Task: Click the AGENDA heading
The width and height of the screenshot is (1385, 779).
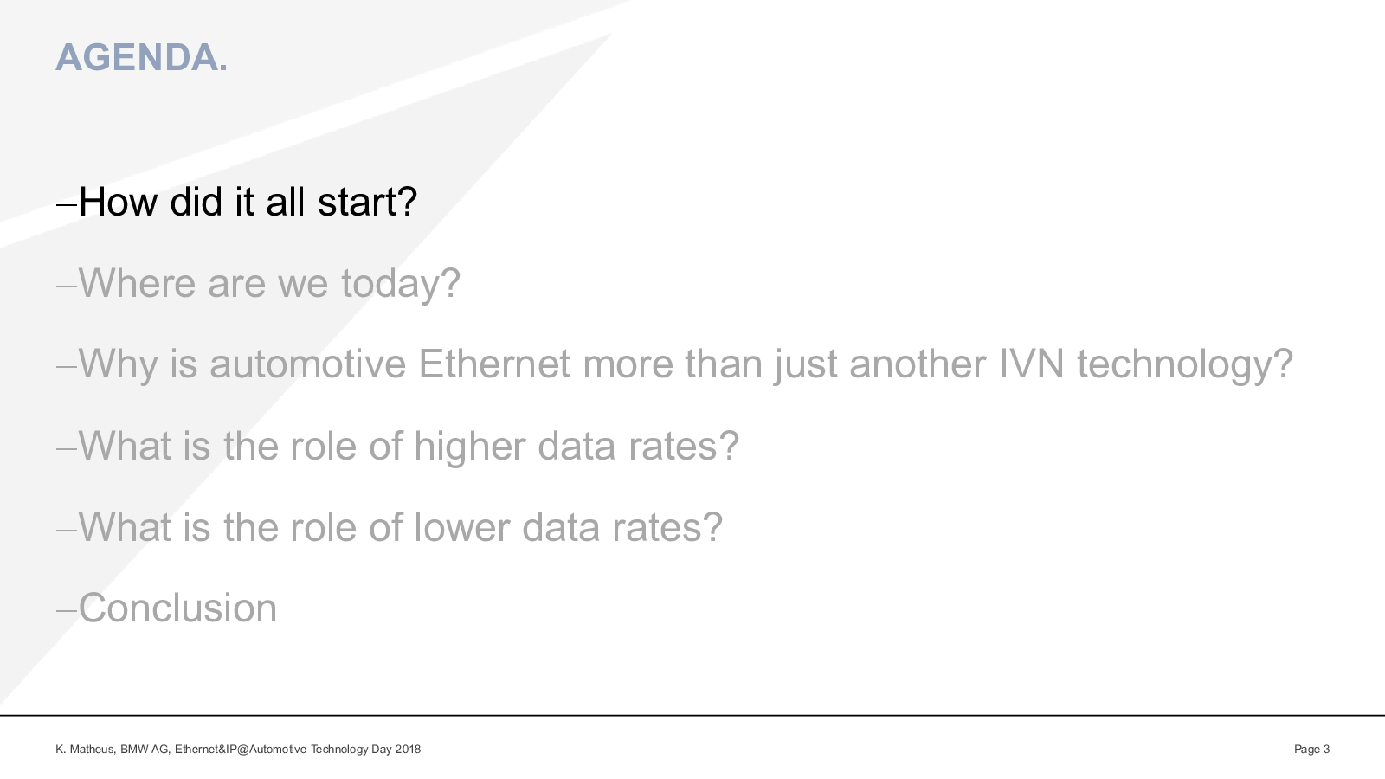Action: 142,57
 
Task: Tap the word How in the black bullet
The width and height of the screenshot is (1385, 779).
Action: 118,202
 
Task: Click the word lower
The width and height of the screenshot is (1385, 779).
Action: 462,527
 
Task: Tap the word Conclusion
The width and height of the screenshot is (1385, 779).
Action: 178,608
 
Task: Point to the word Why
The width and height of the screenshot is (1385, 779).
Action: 118,364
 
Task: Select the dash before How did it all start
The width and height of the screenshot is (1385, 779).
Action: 67,204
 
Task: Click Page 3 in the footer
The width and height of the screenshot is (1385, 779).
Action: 1312,750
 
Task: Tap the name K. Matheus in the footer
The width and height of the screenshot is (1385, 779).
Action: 85,750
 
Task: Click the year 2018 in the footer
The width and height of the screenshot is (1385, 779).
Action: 408,750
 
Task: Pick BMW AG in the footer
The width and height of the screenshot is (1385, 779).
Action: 145,750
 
